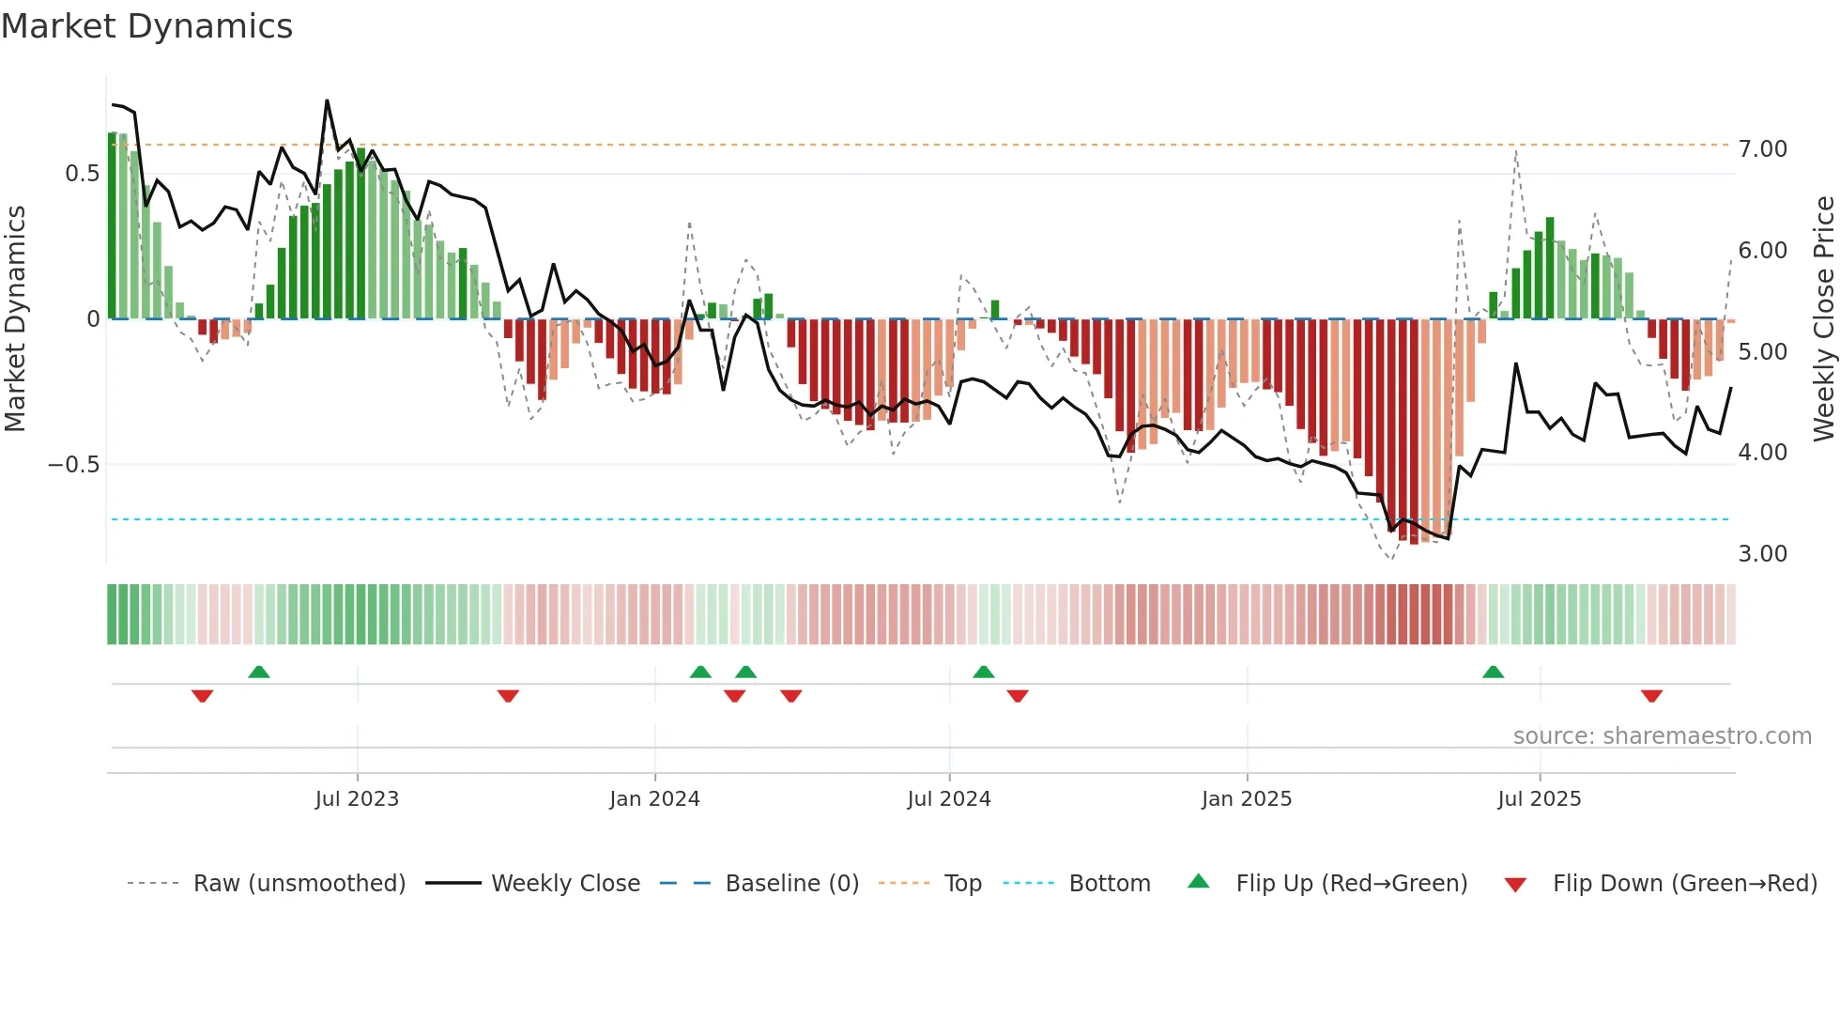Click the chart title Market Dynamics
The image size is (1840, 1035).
(146, 26)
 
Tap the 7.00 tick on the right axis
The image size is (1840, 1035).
(1762, 149)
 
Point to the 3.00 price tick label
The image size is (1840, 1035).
(1762, 554)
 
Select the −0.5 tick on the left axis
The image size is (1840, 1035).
(73, 465)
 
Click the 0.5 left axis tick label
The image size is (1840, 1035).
(82, 174)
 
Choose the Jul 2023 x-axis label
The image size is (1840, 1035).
(357, 799)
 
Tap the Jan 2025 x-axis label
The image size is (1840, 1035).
(1246, 799)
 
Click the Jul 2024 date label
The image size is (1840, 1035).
(948, 799)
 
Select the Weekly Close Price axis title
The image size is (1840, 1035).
(1823, 318)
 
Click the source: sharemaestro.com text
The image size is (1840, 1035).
(1662, 736)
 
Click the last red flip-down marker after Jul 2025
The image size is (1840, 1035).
(1651, 696)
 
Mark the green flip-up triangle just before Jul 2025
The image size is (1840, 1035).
(1493, 672)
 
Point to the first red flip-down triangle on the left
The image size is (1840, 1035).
(202, 696)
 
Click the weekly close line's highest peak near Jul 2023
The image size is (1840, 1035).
(327, 100)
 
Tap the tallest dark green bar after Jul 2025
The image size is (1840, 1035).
(1550, 268)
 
